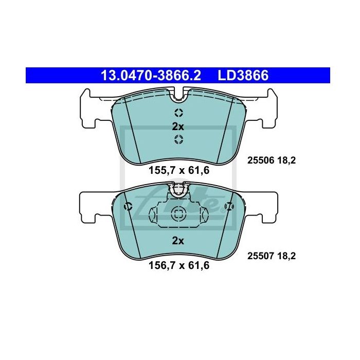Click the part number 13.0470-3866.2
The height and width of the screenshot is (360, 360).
click(x=151, y=75)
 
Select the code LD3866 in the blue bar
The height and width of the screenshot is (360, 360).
click(x=243, y=75)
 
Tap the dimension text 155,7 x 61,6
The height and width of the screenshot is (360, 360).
click(x=179, y=170)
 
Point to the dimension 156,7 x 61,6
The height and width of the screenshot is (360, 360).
click(x=179, y=265)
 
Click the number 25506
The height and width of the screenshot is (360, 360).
click(x=261, y=160)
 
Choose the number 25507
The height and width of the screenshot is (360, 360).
click(x=261, y=256)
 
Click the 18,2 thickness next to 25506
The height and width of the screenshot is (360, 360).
click(x=286, y=160)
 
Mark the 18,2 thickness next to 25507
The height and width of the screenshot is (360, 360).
click(x=286, y=256)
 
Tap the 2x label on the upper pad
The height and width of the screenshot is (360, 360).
click(x=178, y=127)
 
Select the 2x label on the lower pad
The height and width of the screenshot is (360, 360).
click(x=178, y=241)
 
